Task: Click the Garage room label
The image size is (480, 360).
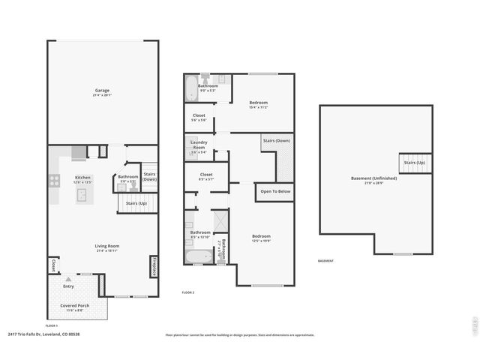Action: click(x=101, y=91)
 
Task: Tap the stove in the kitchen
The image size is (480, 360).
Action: click(x=54, y=180)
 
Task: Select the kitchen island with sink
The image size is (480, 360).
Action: click(x=82, y=196)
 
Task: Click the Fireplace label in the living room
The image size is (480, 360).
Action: click(x=154, y=267)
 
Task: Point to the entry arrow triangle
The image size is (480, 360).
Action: click(x=68, y=277)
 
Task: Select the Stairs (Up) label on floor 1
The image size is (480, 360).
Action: click(x=136, y=203)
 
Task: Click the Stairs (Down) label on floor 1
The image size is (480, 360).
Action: click(x=150, y=176)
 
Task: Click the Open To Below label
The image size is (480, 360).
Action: click(x=275, y=192)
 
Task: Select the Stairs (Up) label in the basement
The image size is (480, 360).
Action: click(x=415, y=163)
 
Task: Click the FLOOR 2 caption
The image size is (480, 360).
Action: click(x=188, y=292)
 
